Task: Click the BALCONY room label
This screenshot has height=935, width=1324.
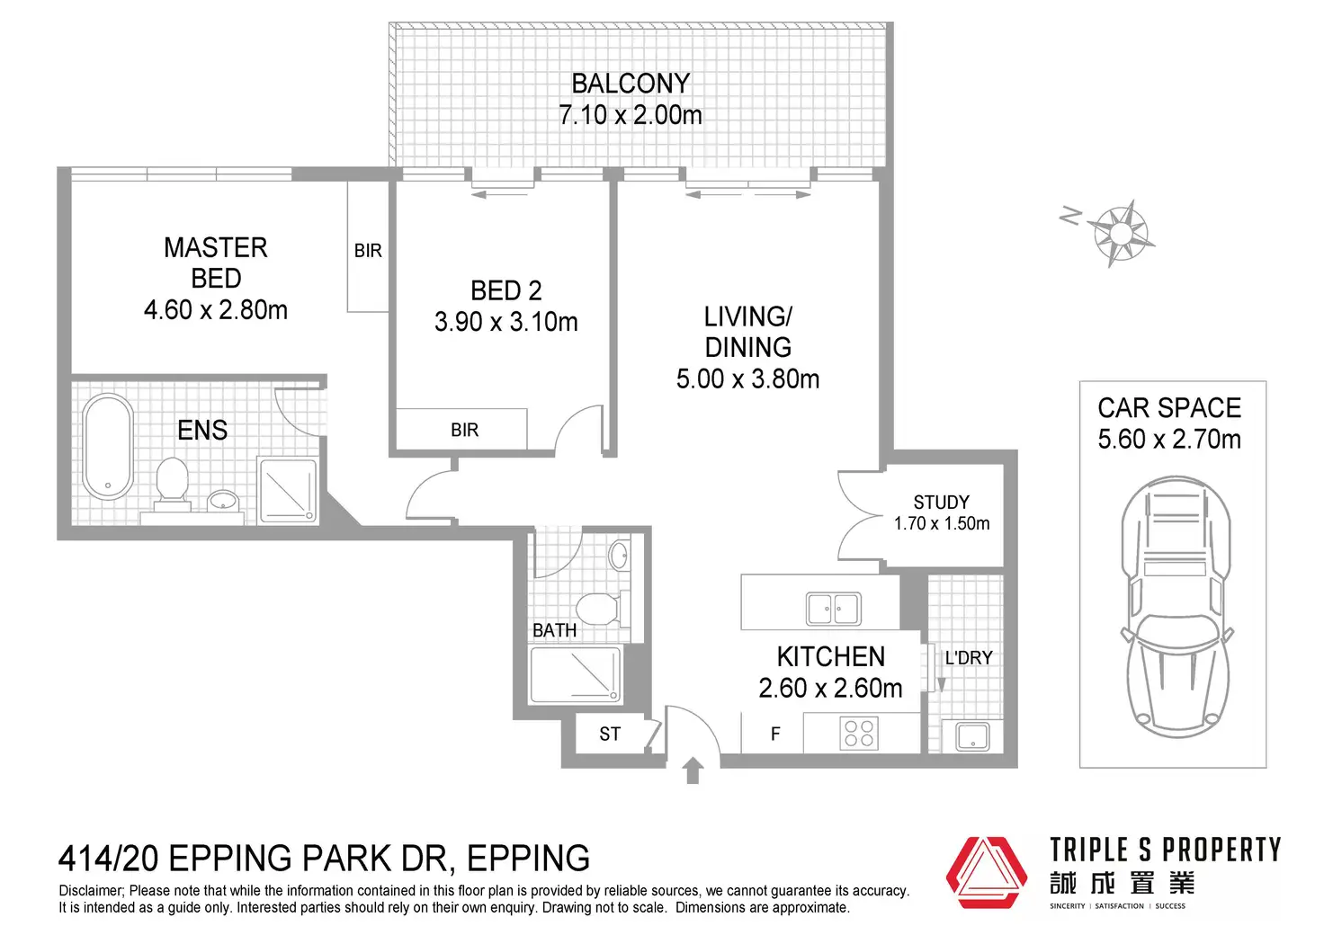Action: click(631, 84)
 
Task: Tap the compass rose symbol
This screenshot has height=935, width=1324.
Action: click(1120, 234)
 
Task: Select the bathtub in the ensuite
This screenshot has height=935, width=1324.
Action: click(108, 447)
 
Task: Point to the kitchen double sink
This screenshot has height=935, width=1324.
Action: click(834, 609)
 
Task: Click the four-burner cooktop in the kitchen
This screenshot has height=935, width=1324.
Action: click(859, 733)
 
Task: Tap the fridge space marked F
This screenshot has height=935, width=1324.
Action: click(775, 734)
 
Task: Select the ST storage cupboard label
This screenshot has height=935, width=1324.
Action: click(610, 734)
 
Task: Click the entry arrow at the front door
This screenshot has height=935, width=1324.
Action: click(693, 770)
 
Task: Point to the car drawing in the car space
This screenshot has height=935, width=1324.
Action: click(1176, 607)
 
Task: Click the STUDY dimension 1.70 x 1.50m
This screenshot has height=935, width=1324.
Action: click(942, 523)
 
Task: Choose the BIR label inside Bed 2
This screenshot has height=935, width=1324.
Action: click(465, 430)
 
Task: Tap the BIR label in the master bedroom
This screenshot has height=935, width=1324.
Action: click(368, 251)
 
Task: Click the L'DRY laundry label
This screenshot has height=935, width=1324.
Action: click(968, 657)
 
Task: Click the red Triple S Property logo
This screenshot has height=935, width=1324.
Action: click(985, 872)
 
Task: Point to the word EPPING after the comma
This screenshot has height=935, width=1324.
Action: click(528, 859)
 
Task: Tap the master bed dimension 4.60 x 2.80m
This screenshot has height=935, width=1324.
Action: click(216, 309)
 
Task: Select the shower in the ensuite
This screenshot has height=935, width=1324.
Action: click(288, 490)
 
